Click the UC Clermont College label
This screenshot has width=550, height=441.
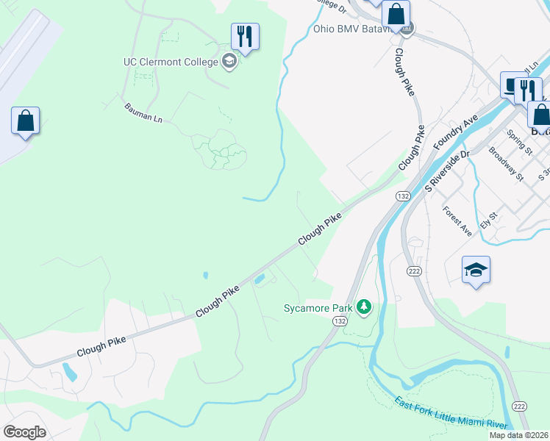tap(171, 61)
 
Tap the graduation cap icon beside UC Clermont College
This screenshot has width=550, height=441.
tap(229, 61)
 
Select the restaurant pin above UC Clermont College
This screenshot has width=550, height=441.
tap(246, 36)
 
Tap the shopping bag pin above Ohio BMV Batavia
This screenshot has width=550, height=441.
tap(396, 14)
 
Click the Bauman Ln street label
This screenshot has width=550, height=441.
tap(143, 112)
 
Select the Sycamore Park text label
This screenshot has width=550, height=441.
tap(318, 308)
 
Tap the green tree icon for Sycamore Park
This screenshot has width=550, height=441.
tap(363, 306)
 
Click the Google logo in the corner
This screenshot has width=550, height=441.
tap(25, 432)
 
